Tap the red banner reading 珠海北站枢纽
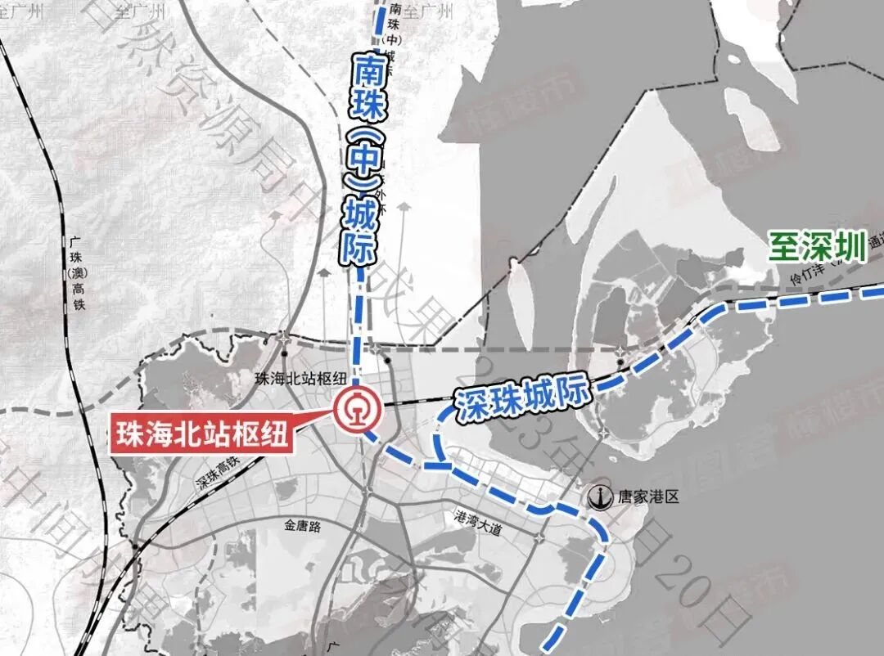[202, 434]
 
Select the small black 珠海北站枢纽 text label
[301, 378]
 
